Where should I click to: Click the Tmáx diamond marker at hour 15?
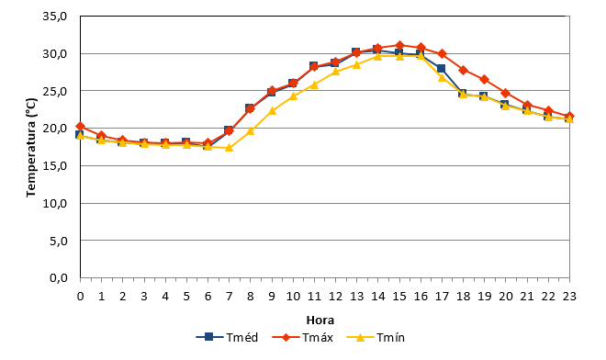pyautogui.click(x=399, y=45)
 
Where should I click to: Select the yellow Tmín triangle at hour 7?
pyautogui.click(x=230, y=147)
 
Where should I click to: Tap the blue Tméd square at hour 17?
pyautogui.click(x=441, y=69)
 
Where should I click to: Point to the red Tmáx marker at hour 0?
pyautogui.click(x=81, y=127)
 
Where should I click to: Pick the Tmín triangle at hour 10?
pyautogui.click(x=293, y=96)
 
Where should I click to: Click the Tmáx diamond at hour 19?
pyautogui.click(x=485, y=80)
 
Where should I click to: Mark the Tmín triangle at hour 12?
pyautogui.click(x=335, y=71)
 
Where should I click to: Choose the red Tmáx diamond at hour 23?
pyautogui.click(x=569, y=117)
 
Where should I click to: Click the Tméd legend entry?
pyautogui.click(x=227, y=337)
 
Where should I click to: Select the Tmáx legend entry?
pyautogui.click(x=303, y=337)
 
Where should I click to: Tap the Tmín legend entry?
pyautogui.click(x=376, y=337)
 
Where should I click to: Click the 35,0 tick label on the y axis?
pyautogui.click(x=55, y=17)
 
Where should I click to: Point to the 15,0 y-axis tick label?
pyautogui.click(x=55, y=166)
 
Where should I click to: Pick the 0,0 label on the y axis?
pyautogui.click(x=59, y=277)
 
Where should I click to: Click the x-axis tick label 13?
pyautogui.click(x=357, y=297)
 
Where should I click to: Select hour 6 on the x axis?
pyautogui.click(x=208, y=297)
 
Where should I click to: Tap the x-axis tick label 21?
pyautogui.click(x=527, y=297)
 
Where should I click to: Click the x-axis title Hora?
pyautogui.click(x=320, y=321)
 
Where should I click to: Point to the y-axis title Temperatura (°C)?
pyautogui.click(x=31, y=147)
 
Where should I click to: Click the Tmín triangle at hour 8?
pyautogui.click(x=251, y=130)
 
